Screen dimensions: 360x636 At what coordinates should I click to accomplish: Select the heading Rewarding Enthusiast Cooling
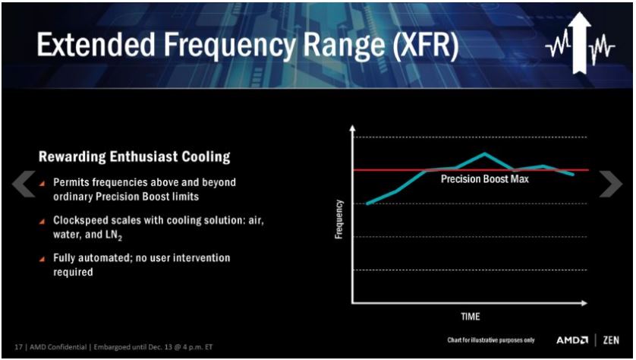coord(134,157)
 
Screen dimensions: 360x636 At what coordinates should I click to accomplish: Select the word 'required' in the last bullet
coord(73,271)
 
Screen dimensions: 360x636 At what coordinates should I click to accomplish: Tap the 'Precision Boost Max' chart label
coord(485,180)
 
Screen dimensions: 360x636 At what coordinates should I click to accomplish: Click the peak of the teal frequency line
coord(485,153)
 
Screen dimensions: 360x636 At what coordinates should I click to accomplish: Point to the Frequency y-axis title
coord(339,219)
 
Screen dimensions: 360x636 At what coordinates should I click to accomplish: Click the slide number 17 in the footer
coord(17,346)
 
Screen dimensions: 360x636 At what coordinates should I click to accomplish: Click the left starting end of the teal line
coord(367,204)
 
